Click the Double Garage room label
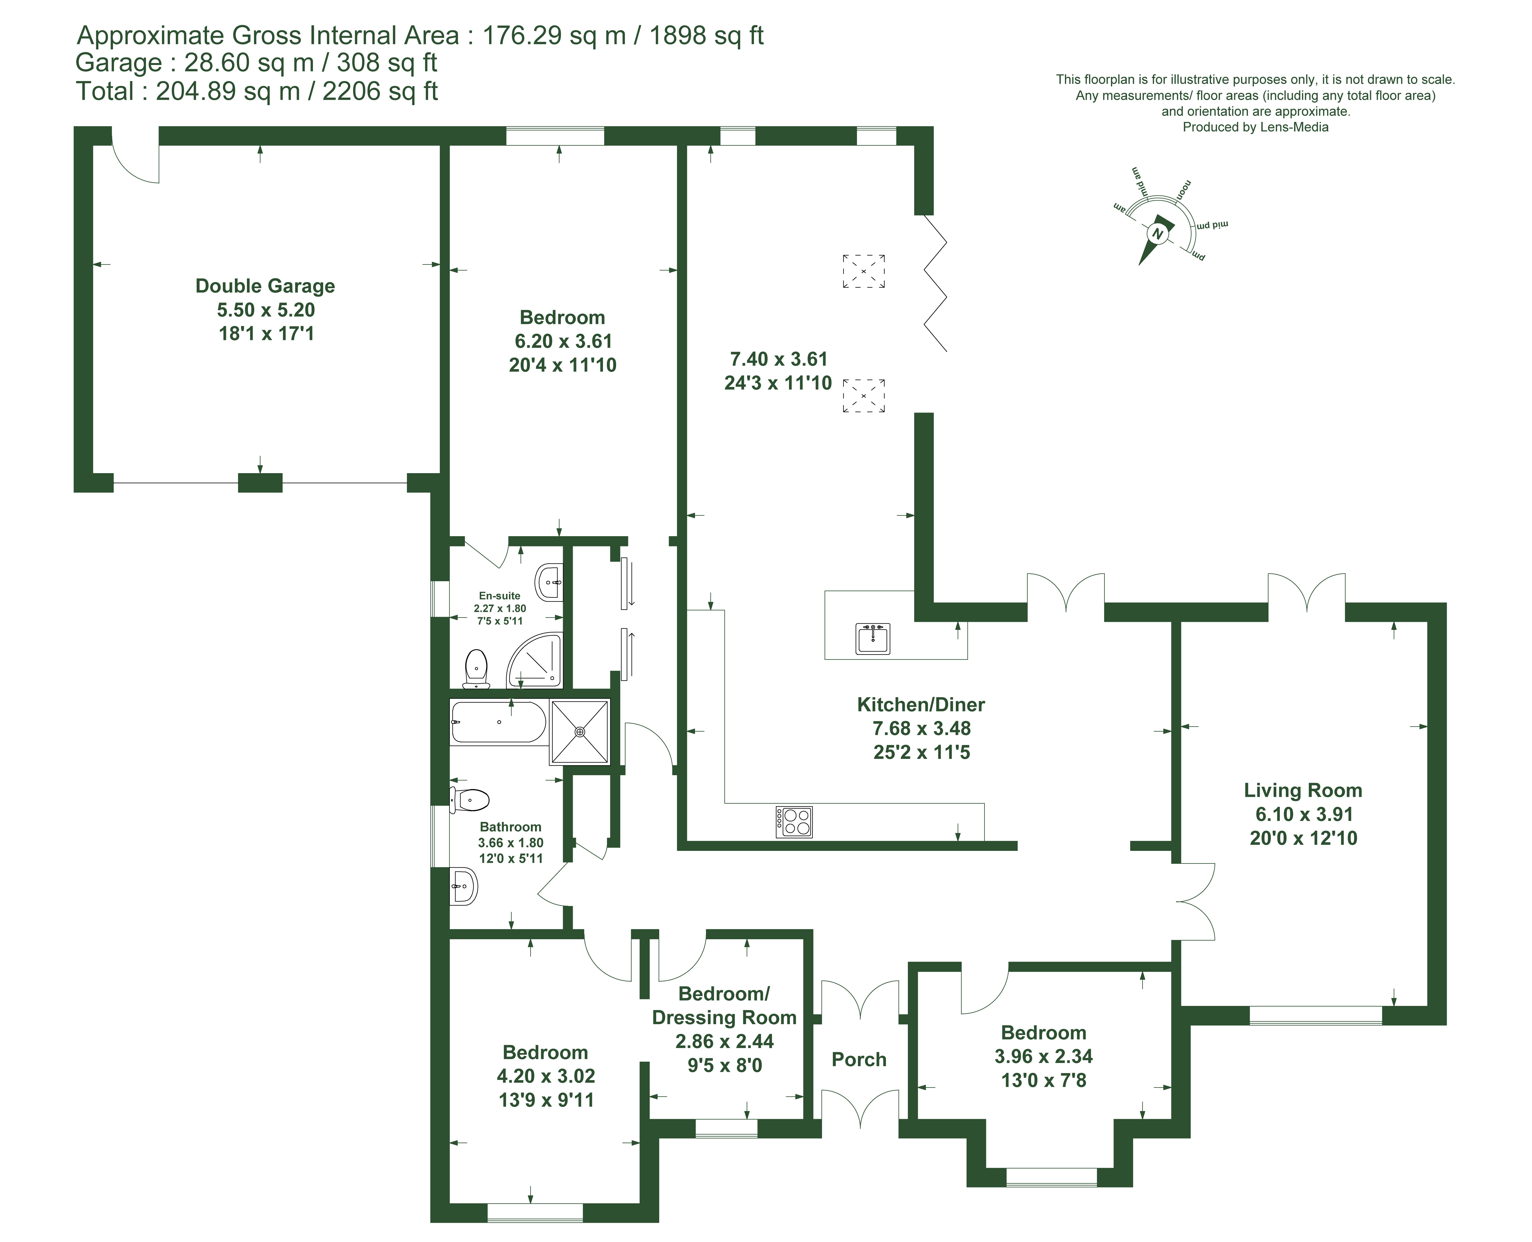tap(265, 286)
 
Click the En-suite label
tap(500, 595)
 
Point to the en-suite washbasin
tap(549, 583)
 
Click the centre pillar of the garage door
tap(260, 483)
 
